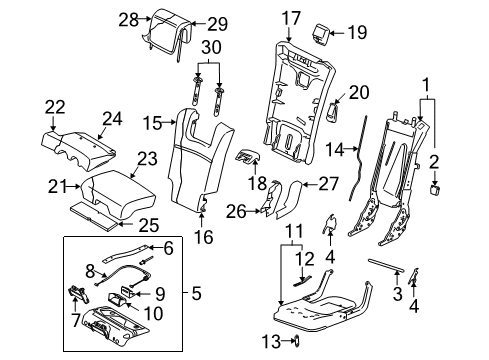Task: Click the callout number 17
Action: click(290, 17)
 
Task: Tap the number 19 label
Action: click(357, 33)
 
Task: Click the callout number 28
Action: click(127, 20)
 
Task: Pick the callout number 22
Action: click(54, 106)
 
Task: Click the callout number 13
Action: click(267, 342)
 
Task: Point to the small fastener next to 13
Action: click(297, 342)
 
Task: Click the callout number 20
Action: click(359, 93)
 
